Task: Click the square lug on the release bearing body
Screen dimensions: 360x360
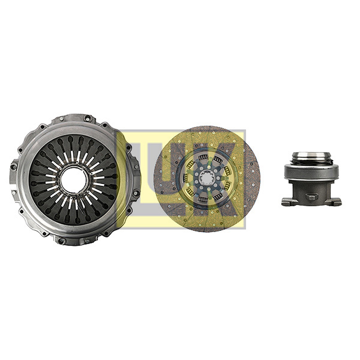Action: pyautogui.click(x=311, y=196)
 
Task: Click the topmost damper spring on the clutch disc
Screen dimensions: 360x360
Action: pyautogui.click(x=203, y=157)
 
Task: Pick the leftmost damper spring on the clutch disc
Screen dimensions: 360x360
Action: pyautogui.click(x=185, y=177)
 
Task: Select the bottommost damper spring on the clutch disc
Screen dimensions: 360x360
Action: pyautogui.click(x=202, y=198)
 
